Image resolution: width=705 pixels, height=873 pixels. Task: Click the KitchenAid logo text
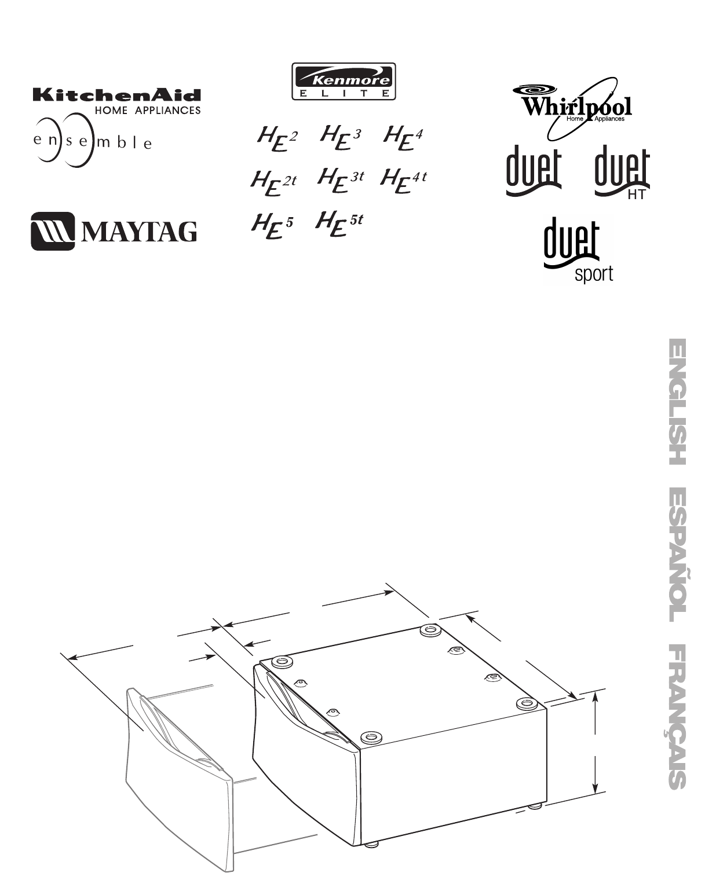point(116,95)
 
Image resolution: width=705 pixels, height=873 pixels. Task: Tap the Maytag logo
point(114,232)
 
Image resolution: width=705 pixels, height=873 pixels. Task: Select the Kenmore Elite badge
point(344,82)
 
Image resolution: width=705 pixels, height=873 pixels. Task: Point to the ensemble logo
point(92,141)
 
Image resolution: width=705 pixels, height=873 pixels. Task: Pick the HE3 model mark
point(341,137)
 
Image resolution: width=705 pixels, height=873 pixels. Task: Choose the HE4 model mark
point(403,138)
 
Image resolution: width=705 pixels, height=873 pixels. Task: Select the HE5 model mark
point(272,225)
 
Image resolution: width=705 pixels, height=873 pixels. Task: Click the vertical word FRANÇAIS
point(677,716)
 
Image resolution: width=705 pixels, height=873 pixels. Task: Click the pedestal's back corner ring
point(430,630)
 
